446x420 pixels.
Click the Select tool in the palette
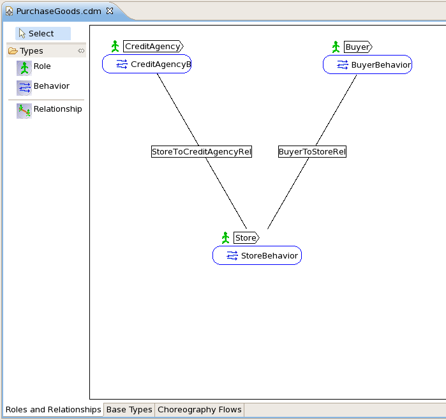pyautogui.click(x=43, y=34)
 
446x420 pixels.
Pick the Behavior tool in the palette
pyautogui.click(x=43, y=87)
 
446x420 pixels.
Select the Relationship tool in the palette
pyautogui.click(x=49, y=110)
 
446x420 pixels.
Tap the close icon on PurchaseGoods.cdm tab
pyautogui.click(x=110, y=11)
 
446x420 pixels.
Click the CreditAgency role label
pyautogui.click(x=153, y=47)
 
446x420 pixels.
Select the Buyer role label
pyautogui.click(x=358, y=47)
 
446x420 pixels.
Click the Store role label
pyautogui.click(x=246, y=238)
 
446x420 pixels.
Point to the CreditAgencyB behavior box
pyautogui.click(x=147, y=64)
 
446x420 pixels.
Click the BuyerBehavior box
pyautogui.click(x=368, y=64)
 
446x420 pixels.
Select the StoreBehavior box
pyautogui.click(x=257, y=255)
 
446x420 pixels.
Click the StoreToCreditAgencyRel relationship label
pyautogui.click(x=202, y=152)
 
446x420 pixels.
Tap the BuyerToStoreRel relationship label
pyautogui.click(x=312, y=152)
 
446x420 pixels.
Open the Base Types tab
pyautogui.click(x=129, y=410)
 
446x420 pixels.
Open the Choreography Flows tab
pyautogui.click(x=199, y=410)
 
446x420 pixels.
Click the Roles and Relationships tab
pyautogui.click(x=53, y=410)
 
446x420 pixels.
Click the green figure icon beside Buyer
pyautogui.click(x=336, y=47)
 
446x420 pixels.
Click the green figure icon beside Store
pyautogui.click(x=226, y=238)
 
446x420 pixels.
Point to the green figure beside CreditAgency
pyautogui.click(x=115, y=47)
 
